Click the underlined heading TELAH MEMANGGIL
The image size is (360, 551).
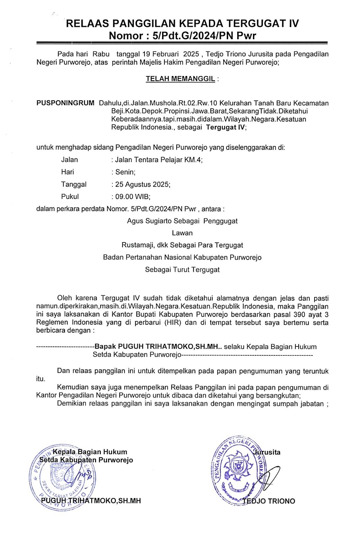[180, 79]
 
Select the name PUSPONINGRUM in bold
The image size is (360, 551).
[65, 103]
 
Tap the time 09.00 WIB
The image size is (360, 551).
[133, 197]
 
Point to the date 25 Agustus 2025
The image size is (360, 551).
[142, 184]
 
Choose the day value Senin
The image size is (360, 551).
[125, 172]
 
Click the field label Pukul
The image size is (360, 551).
[70, 197]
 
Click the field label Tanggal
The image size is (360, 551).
[74, 184]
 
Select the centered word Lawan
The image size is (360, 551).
[182, 233]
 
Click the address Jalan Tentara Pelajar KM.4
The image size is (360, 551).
[159, 160]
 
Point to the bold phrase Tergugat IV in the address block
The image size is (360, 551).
[225, 127]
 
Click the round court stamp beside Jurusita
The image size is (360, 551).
[237, 470]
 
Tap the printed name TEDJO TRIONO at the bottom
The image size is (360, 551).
[269, 501]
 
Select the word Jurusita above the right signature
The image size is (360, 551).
[268, 452]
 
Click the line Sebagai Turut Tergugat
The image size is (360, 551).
[182, 270]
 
